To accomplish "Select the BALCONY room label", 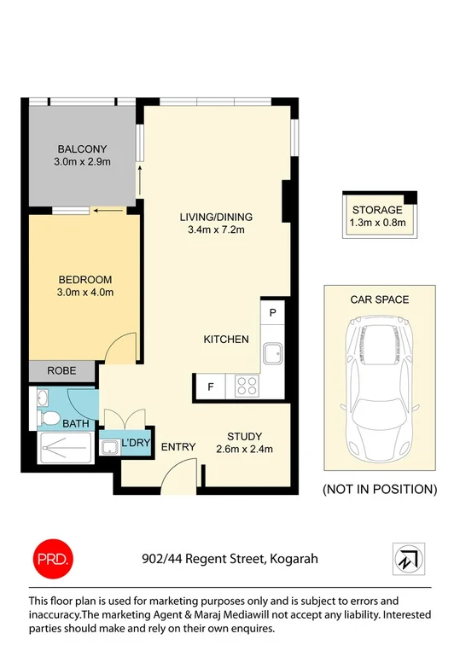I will click(83, 148).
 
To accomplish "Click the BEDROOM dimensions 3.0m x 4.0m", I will click(85, 293).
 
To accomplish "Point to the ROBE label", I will click(61, 370).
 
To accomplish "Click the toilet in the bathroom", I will click(49, 417).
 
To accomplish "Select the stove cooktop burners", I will click(247, 386).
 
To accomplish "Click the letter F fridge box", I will click(211, 387).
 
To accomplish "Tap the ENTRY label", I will click(178, 446).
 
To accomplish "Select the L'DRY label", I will click(136, 444).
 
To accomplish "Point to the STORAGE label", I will click(376, 210).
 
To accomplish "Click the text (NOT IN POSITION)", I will click(379, 490).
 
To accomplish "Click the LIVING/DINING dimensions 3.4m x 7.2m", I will click(222, 230).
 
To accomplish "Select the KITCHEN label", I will click(226, 340).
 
